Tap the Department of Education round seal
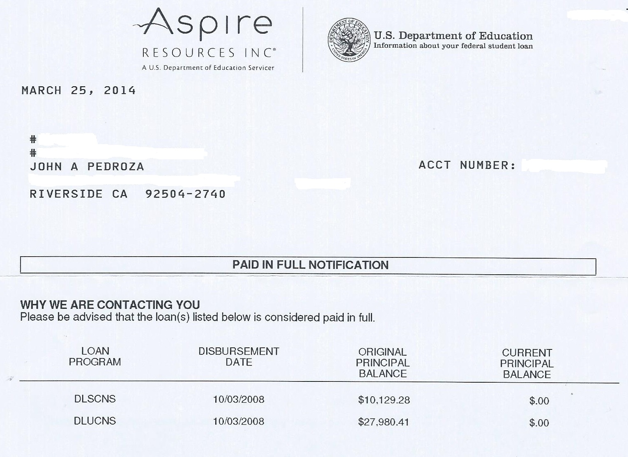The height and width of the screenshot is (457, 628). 349,40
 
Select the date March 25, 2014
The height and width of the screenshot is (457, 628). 78,90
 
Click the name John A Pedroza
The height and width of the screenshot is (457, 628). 87,167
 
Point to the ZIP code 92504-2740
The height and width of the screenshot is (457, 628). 185,194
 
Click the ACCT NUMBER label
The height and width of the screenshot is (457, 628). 467,165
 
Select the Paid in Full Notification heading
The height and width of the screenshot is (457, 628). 310,265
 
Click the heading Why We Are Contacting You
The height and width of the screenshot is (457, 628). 110,305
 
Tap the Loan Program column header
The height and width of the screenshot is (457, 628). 95,356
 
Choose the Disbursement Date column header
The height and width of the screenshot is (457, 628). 239,357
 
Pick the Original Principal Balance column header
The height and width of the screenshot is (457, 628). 382,363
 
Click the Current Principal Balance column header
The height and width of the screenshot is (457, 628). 527,363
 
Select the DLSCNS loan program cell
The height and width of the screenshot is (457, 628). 95,399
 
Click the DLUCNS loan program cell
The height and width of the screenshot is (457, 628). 95,421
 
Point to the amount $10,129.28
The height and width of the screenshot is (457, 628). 384,400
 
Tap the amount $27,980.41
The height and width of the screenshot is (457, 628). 384,422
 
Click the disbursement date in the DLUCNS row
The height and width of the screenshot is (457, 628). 239,422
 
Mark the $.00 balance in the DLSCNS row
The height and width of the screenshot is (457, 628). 539,401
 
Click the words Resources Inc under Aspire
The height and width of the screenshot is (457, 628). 209,53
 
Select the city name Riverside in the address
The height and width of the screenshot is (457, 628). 66,194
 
